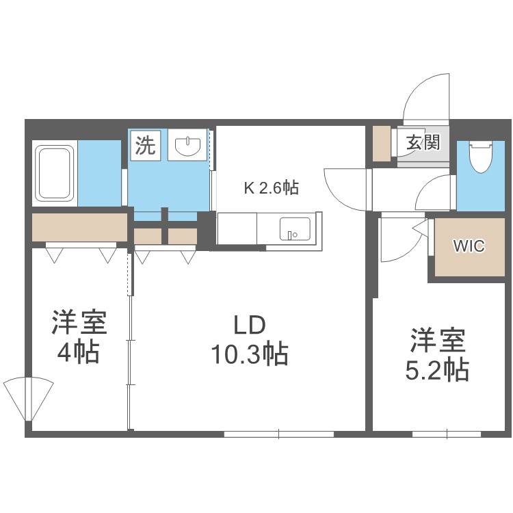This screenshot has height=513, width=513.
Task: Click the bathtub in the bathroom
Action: (54, 172)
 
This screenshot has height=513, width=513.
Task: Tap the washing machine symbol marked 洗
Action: (144, 145)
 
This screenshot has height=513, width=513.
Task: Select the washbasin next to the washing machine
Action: (187, 145)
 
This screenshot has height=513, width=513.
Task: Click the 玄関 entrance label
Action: (423, 143)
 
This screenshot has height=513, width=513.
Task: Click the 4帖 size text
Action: (80, 353)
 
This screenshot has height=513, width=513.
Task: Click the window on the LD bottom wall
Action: (278, 432)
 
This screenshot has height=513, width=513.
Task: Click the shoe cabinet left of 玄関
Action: (380, 144)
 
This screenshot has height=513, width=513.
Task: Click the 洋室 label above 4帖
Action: (80, 322)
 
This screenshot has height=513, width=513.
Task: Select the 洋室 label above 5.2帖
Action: (438, 340)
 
